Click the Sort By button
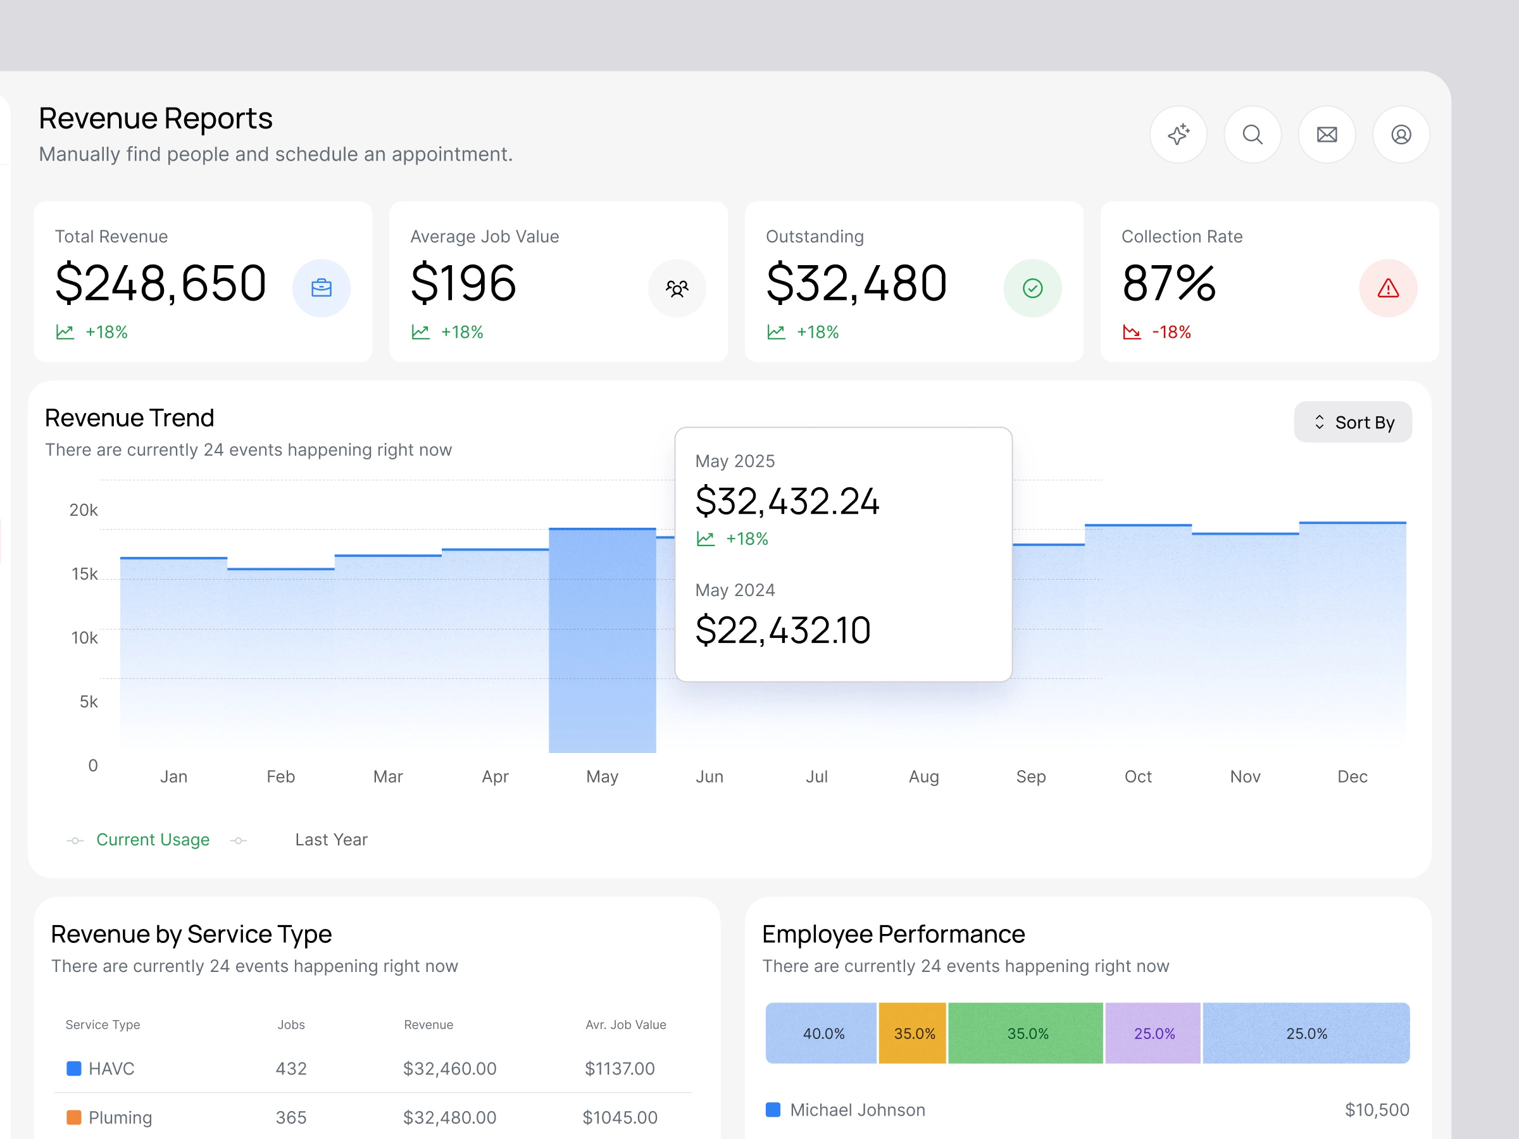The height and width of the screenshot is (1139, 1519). click(1352, 422)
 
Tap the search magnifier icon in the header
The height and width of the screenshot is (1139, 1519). click(1252, 135)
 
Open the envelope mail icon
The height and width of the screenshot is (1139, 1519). click(1326, 135)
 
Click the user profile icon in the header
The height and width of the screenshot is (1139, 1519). click(1400, 135)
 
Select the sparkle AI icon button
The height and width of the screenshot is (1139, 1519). click(1178, 135)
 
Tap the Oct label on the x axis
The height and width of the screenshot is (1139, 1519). click(1137, 776)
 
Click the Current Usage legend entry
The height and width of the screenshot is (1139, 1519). click(153, 840)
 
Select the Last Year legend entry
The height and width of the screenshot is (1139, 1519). click(331, 840)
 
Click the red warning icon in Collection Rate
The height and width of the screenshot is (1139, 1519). click(1387, 289)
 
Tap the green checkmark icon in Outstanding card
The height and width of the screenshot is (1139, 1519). click(1032, 289)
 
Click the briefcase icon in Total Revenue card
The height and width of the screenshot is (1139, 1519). click(321, 289)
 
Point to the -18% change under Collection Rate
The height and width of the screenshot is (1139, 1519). click(1170, 332)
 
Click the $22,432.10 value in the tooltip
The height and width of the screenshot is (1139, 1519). click(782, 630)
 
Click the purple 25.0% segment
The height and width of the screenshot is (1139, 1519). click(1153, 1033)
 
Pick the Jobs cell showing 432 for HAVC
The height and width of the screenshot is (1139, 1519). click(291, 1068)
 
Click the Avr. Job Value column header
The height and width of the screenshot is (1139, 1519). click(625, 1024)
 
